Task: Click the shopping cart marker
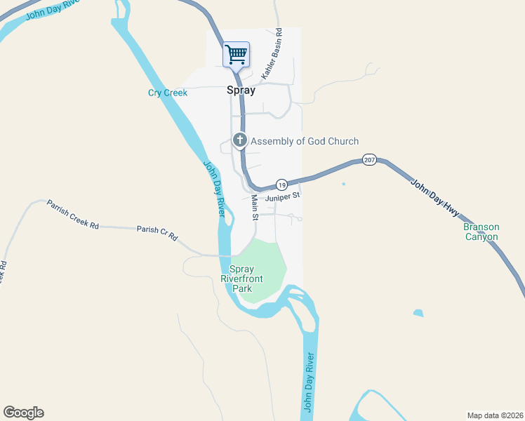[237, 54]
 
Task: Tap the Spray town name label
[241, 90]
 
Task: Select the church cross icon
[239, 140]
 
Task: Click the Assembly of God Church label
[305, 141]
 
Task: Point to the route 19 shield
[281, 185]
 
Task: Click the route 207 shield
[370, 161]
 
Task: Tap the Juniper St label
[283, 197]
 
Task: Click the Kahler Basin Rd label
[271, 54]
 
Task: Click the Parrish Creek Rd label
[73, 215]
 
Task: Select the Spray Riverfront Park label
[242, 279]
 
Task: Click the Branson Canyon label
[481, 232]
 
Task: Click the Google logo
[23, 413]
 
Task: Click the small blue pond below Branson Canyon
[418, 313]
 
